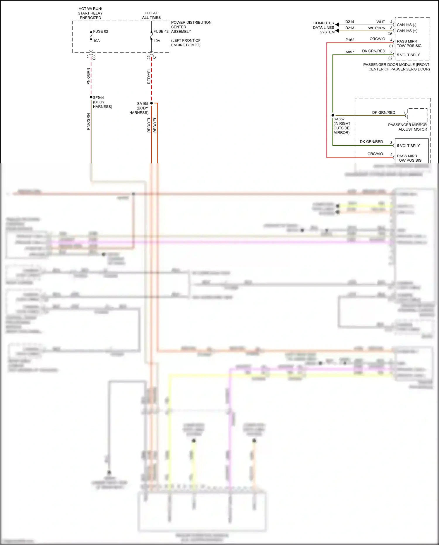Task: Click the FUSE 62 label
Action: (100, 31)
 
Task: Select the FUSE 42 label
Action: (161, 31)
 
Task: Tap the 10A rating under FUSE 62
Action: (97, 41)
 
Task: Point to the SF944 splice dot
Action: (91, 97)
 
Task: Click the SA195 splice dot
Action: (151, 103)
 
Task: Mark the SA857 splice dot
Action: (333, 115)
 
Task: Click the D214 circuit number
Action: (349, 22)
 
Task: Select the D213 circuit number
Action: (349, 28)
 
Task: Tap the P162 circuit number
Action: (350, 40)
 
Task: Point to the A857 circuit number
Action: (349, 52)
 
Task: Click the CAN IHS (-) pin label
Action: (407, 25)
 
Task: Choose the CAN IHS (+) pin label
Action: (407, 31)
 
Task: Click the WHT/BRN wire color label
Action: (377, 28)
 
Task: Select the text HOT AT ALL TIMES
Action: (151, 15)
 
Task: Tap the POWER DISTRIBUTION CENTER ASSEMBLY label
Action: (191, 27)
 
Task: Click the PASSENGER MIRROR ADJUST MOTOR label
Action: (407, 127)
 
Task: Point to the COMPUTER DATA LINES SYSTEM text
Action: (324, 28)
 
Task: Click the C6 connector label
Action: (390, 34)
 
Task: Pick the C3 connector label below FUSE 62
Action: (94, 57)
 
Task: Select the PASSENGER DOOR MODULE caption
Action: (396, 67)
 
